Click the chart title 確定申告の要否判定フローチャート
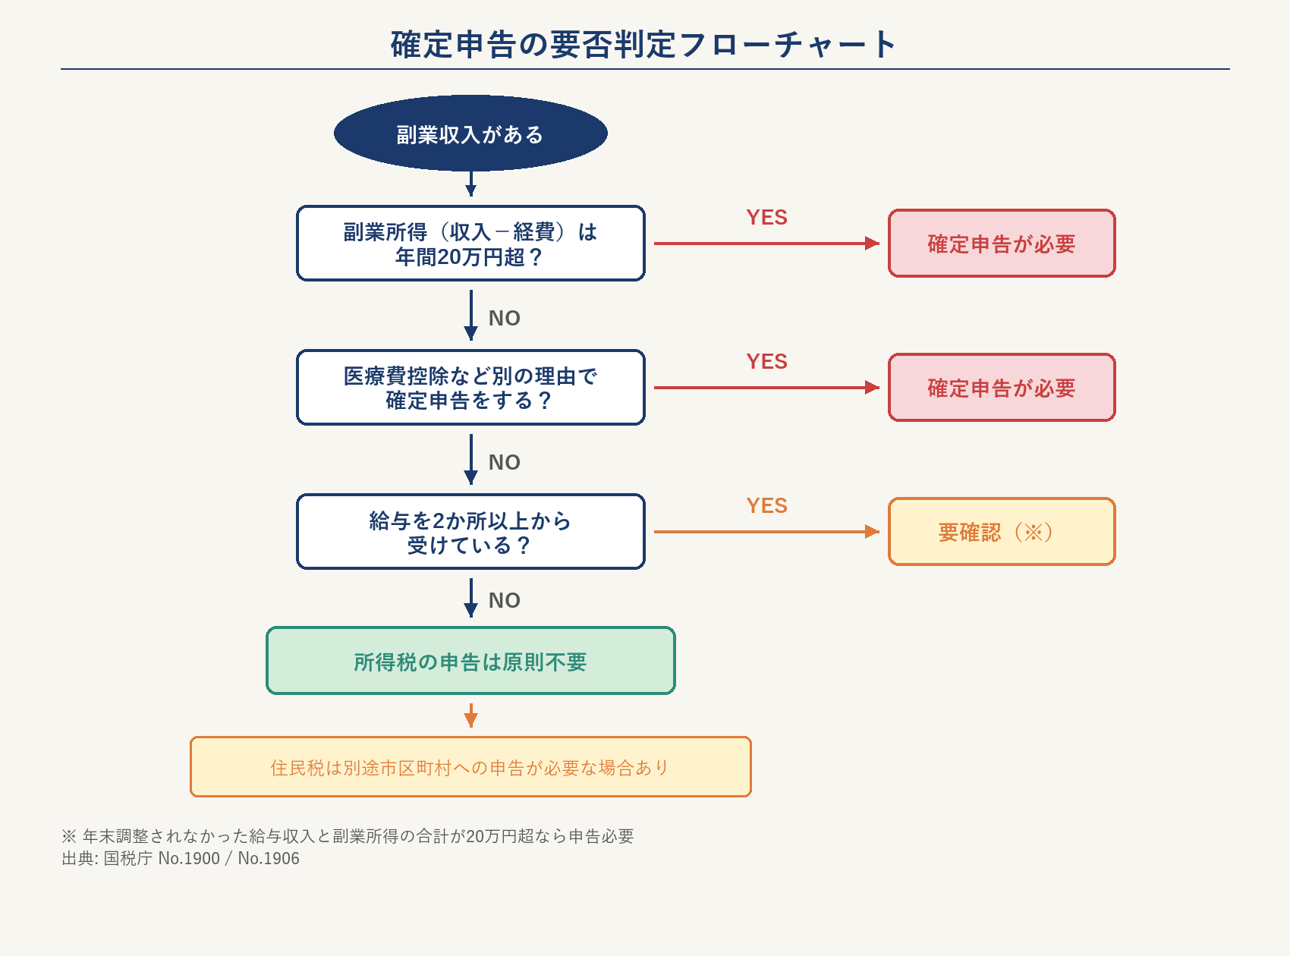click(x=644, y=45)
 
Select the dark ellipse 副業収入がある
click(x=470, y=134)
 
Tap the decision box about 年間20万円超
click(x=470, y=244)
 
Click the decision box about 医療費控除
click(x=470, y=388)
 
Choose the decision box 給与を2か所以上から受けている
click(x=470, y=532)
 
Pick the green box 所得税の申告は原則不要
click(x=470, y=661)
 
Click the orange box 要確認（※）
click(x=1002, y=532)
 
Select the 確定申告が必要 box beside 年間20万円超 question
click(x=1002, y=244)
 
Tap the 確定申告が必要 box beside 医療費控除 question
click(x=1002, y=388)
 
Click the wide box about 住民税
click(x=470, y=767)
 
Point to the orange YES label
click(x=766, y=506)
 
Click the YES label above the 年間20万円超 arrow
click(x=766, y=218)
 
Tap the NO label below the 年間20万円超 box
click(x=504, y=319)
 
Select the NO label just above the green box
click(x=504, y=601)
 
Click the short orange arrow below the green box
click(x=470, y=715)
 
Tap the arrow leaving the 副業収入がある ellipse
click(x=470, y=184)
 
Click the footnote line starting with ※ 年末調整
click(x=348, y=836)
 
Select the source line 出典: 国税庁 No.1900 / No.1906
click(x=181, y=859)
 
